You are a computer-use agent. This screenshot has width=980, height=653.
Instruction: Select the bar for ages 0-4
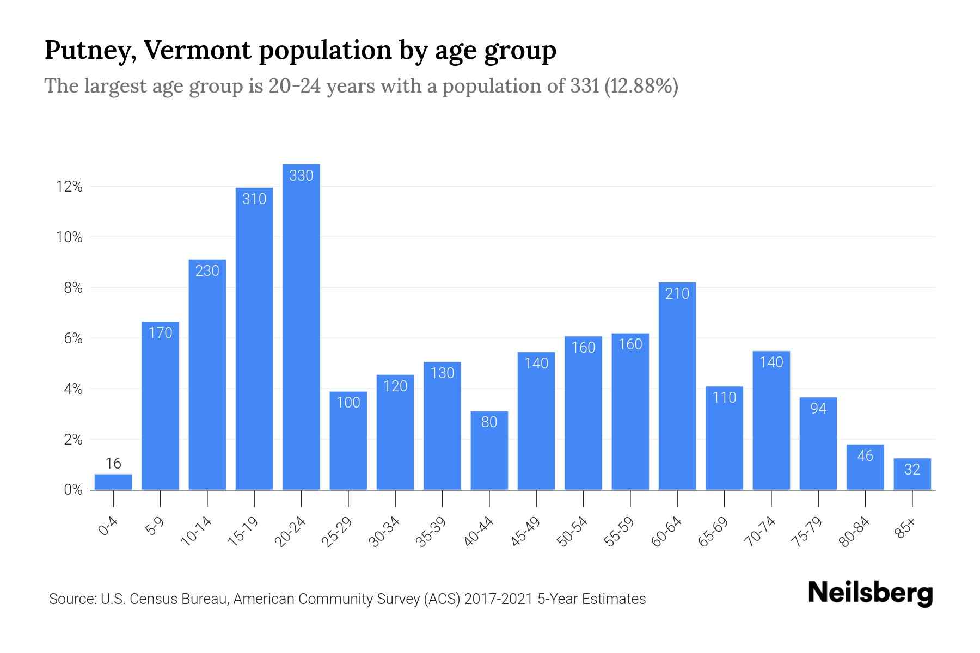pyautogui.click(x=113, y=482)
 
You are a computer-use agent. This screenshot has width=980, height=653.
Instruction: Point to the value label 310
pyautogui.click(x=254, y=199)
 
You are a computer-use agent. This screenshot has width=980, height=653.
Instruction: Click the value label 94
pyautogui.click(x=818, y=409)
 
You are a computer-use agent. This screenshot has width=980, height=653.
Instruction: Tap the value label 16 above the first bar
pyautogui.click(x=113, y=464)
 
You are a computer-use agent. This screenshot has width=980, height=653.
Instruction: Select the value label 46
pyautogui.click(x=865, y=456)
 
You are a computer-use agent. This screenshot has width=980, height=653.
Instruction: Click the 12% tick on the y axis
pyautogui.click(x=69, y=187)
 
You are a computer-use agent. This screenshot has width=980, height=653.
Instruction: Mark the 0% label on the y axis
pyautogui.click(x=73, y=490)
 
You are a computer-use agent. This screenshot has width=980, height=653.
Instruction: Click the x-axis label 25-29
pyautogui.click(x=337, y=532)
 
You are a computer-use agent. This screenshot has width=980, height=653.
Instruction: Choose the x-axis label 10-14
pyautogui.click(x=196, y=532)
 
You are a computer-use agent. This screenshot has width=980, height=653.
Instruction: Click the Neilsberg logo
pyautogui.click(x=870, y=593)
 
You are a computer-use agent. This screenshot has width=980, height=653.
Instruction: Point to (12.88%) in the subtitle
pyautogui.click(x=641, y=86)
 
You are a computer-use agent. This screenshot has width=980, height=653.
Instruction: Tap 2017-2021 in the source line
pyautogui.click(x=499, y=599)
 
